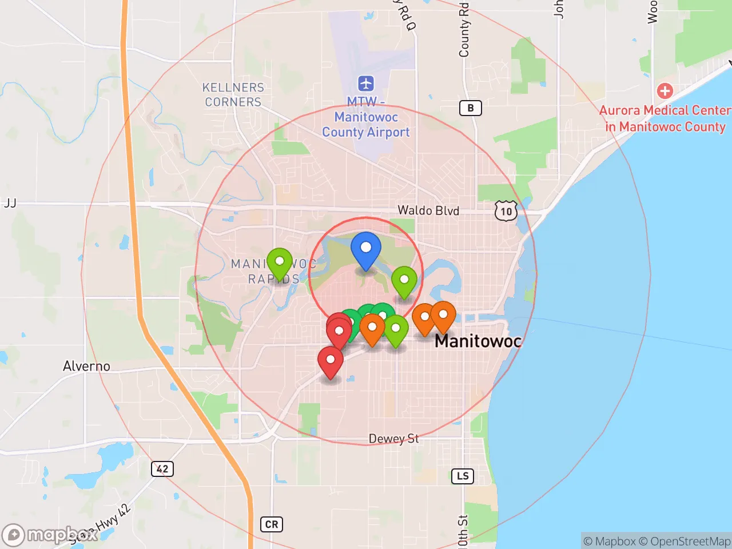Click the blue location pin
coord(366,249)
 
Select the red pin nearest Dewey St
coord(330,361)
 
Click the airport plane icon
coord(366,83)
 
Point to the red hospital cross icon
coord(665,90)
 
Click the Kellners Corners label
coord(233,95)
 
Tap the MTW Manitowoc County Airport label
coord(366,117)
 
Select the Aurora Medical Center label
coord(665,118)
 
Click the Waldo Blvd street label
coord(428,210)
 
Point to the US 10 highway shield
coord(506,212)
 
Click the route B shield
coord(471,108)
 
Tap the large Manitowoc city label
coord(478,341)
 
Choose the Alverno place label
coord(86,366)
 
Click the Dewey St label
coord(393,439)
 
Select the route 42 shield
coord(162,469)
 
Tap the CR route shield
coord(272,524)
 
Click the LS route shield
coord(463,476)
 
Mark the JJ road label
coord(10,203)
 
